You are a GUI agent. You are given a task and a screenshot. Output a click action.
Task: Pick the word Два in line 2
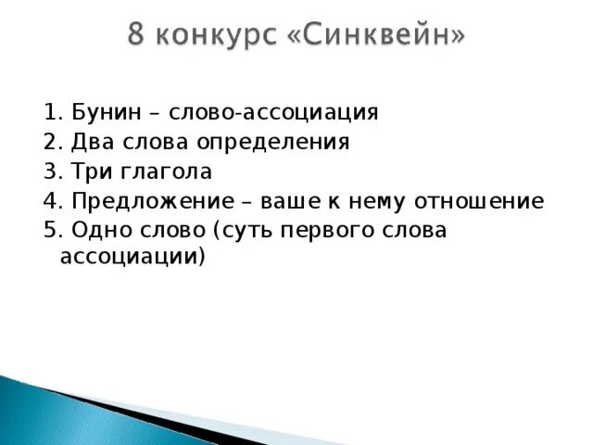pos(88,143)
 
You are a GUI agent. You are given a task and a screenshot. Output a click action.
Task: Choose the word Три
pos(87,172)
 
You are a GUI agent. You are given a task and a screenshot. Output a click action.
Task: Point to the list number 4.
pos(50,202)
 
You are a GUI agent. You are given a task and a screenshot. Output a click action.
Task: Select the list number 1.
pos(50,113)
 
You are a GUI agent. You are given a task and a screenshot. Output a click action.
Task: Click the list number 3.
pos(50,172)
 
